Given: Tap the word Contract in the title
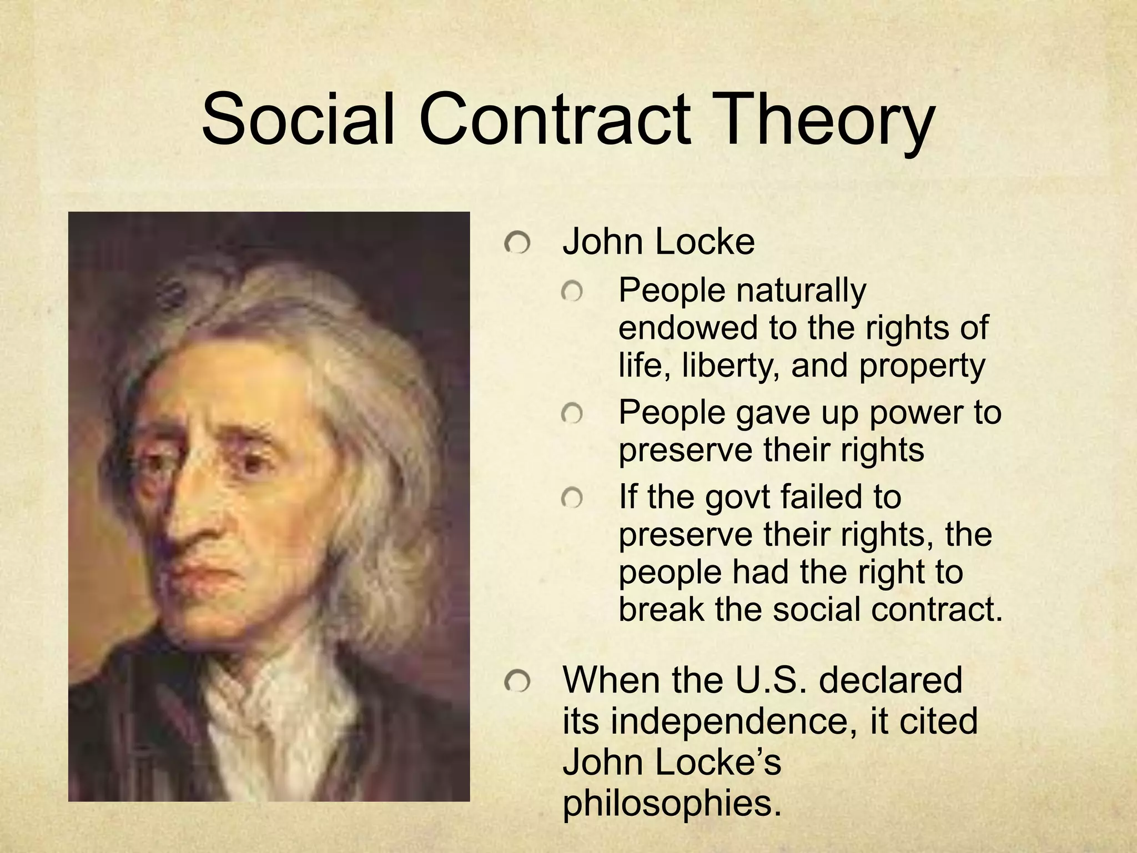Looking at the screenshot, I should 555,119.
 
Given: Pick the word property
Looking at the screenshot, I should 922,367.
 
